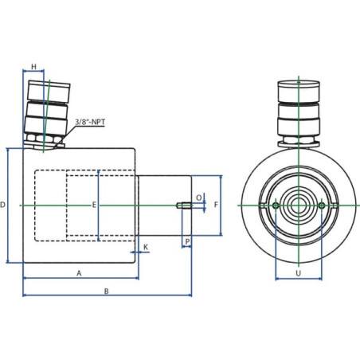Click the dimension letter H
pyautogui.click(x=33, y=67)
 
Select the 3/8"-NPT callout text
pyautogui.click(x=90, y=122)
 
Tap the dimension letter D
pyautogui.click(x=2, y=205)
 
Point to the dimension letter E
pyautogui.click(x=94, y=205)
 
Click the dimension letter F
pyautogui.click(x=216, y=205)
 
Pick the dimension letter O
pyautogui.click(x=199, y=198)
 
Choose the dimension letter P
pyautogui.click(x=187, y=241)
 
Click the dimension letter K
pyautogui.click(x=146, y=247)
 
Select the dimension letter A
pyautogui.click(x=79, y=273)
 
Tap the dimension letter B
pyautogui.click(x=106, y=292)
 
